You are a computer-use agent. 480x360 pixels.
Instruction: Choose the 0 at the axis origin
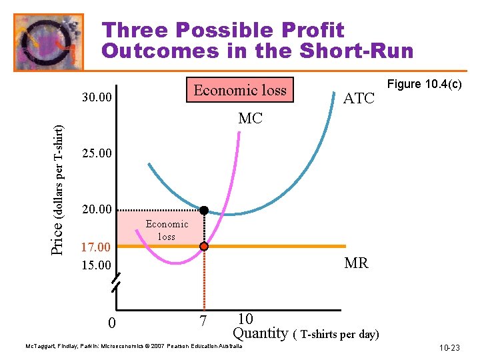tap(112, 324)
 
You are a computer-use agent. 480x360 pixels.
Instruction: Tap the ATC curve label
tap(359, 99)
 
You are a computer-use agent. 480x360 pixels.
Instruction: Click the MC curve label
tap(251, 119)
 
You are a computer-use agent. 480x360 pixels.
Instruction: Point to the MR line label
tap(356, 263)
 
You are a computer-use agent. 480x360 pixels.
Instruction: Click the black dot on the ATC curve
tap(204, 211)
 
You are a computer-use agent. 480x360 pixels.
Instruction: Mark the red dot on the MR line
tap(204, 247)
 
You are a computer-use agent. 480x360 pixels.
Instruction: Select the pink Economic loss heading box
tap(240, 90)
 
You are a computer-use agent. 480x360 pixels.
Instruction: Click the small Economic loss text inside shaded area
tap(167, 230)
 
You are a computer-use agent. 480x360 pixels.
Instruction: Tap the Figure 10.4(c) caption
tap(425, 84)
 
